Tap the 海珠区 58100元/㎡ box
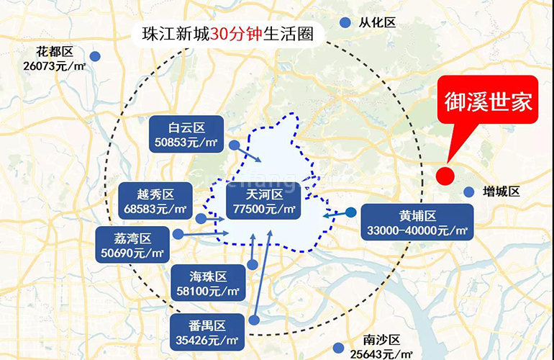point(208,283)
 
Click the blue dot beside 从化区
point(346,23)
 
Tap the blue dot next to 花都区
point(95,55)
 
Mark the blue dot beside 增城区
point(468,192)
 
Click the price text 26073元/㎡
point(55,66)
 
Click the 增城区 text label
point(501,192)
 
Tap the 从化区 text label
point(378,23)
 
